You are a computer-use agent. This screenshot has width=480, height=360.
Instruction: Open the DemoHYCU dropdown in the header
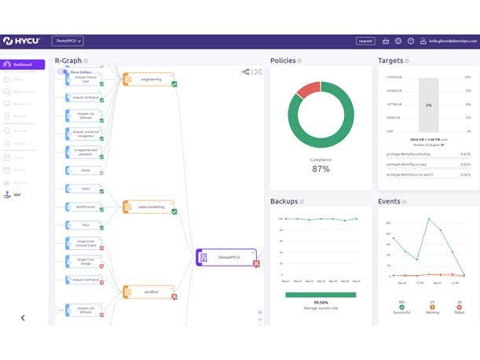coord(68,41)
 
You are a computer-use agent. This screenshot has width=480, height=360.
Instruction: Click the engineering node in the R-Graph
coord(149,79)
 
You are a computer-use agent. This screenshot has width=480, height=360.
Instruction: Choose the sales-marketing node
coord(149,207)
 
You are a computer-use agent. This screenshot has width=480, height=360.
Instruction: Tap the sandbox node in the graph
coord(149,291)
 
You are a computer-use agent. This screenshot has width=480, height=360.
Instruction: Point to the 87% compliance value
coord(321,169)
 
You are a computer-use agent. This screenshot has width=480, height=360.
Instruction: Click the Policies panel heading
coord(283,61)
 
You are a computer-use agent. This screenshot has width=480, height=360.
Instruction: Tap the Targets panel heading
coord(390,61)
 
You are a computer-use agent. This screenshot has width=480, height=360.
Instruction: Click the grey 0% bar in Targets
coord(428,105)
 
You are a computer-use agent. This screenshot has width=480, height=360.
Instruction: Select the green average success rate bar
coord(321,295)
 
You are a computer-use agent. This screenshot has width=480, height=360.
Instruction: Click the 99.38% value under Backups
coord(321,302)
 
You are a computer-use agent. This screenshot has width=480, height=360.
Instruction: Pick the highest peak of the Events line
coord(428,219)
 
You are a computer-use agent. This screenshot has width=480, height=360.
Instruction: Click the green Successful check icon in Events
coord(401,307)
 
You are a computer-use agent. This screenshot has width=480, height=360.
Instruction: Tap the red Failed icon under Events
coord(459,307)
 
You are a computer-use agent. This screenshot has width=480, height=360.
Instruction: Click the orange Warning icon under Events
coord(431,307)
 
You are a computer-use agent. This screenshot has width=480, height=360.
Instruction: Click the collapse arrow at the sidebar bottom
coord(23,318)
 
